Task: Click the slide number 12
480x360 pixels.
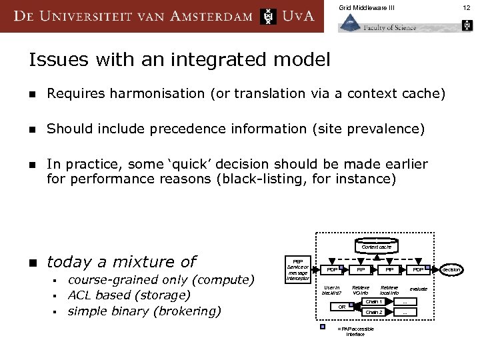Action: [x=466, y=7]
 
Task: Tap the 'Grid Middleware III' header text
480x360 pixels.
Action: [x=367, y=7]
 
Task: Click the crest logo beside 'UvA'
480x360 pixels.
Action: [x=268, y=16]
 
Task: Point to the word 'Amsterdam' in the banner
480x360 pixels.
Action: [x=211, y=17]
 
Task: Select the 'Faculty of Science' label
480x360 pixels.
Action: [x=390, y=27]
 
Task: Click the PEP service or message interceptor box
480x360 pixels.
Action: [x=298, y=269]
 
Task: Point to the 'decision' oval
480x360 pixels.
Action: [x=451, y=270]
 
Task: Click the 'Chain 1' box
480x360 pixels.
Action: [x=374, y=302]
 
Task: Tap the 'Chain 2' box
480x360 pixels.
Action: [x=374, y=312]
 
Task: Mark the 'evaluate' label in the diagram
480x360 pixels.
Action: [x=418, y=289]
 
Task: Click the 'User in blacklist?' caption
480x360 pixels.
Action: [x=331, y=290]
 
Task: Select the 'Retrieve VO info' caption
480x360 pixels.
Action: [x=361, y=290]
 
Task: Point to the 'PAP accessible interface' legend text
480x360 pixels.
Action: [x=355, y=331]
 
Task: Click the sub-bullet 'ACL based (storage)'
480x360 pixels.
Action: [x=129, y=295]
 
